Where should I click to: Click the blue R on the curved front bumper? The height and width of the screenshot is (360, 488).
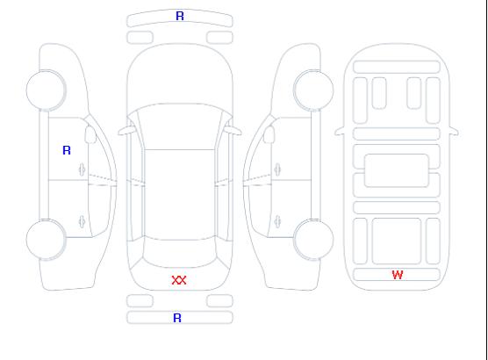pos(180,16)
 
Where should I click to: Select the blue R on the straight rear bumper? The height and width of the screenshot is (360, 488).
pos(177,318)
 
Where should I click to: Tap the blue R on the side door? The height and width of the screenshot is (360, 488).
pos(67,150)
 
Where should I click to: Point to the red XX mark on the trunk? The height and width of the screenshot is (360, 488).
pos(179,280)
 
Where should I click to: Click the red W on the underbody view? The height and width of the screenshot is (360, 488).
pos(398,275)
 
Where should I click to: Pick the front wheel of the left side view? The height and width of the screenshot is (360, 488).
pos(46,90)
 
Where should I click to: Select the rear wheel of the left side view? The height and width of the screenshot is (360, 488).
pos(46,240)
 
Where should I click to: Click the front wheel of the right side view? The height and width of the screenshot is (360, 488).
pos(313,90)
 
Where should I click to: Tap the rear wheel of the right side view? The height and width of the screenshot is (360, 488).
pos(313,240)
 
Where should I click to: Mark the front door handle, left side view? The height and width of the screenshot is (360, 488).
pos(83,169)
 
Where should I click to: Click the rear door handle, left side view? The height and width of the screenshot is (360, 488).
pos(83,221)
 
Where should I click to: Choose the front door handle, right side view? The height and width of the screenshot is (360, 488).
pos(277,169)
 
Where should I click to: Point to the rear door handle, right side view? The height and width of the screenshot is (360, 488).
pos(277,221)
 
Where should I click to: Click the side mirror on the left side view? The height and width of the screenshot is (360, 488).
pos(90,134)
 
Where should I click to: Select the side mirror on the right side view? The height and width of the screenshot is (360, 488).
pos(269,134)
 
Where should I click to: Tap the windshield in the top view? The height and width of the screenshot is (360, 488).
pos(180,126)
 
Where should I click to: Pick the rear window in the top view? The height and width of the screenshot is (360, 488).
pos(180,253)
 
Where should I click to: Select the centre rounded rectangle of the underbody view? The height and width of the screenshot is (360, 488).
pos(397,170)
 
